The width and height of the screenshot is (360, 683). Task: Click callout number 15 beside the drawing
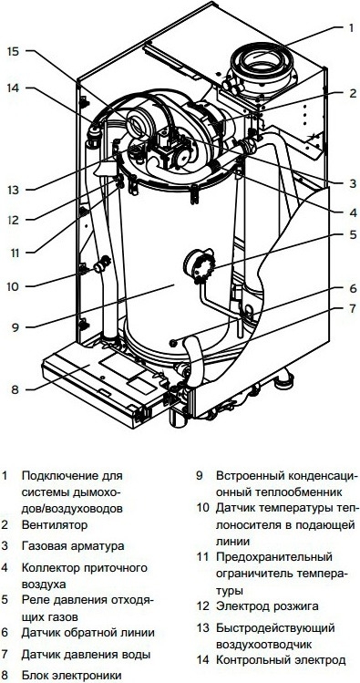click(x=13, y=51)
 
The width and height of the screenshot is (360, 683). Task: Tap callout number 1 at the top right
click(x=351, y=28)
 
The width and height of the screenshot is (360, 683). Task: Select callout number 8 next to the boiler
click(x=15, y=389)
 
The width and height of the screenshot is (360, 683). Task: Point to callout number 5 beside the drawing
click(x=352, y=235)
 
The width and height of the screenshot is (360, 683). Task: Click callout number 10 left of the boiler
click(x=13, y=286)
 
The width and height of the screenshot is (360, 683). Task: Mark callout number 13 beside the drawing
click(x=13, y=190)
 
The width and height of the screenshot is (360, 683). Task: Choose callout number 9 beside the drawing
click(x=15, y=326)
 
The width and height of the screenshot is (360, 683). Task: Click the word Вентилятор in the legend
click(x=55, y=525)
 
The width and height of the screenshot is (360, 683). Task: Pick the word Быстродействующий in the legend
click(x=275, y=628)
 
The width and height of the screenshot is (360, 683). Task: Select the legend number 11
click(x=202, y=556)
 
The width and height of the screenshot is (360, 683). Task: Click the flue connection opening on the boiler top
click(x=262, y=59)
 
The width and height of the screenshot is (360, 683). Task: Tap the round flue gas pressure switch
click(x=200, y=264)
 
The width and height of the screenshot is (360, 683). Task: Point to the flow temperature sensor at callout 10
click(x=102, y=264)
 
